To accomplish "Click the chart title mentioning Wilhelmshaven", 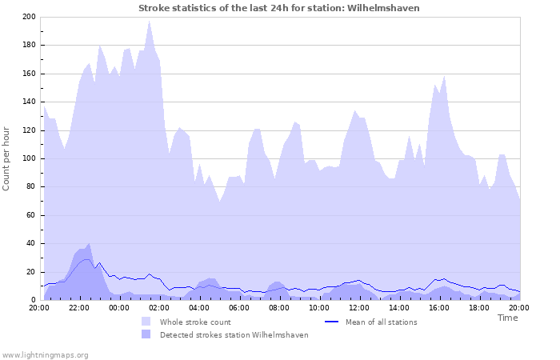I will (x=279, y=8).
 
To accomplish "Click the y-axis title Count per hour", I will (x=7, y=158).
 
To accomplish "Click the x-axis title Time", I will (x=507, y=318).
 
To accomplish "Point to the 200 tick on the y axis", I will (x=29, y=17).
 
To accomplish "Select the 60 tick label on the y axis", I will (x=31, y=215).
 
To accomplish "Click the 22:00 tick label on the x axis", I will (x=79, y=307).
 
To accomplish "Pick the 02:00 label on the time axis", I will (x=159, y=307).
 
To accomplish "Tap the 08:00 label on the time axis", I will (x=279, y=307).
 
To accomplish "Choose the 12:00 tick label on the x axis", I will (x=359, y=307).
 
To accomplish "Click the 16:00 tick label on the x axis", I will (x=439, y=307).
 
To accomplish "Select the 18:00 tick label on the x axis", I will (x=479, y=307).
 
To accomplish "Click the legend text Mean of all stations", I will (x=381, y=322).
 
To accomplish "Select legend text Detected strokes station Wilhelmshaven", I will (x=234, y=335).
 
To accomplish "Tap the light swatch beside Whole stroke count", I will (x=146, y=322).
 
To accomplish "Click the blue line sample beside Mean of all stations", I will (x=332, y=322).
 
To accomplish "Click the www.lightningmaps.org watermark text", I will (x=45, y=354).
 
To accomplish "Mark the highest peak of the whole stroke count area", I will (x=149, y=22).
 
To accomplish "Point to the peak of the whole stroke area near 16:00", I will (x=444, y=77).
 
